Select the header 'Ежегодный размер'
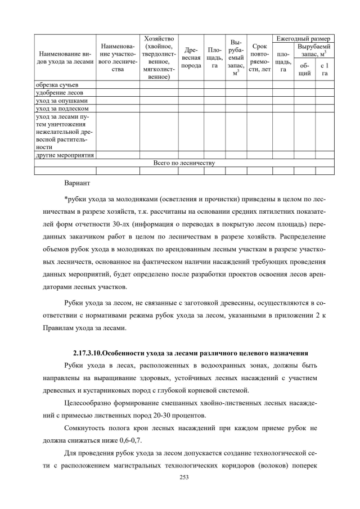303,38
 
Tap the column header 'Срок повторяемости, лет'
259,57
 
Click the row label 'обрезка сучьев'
53,85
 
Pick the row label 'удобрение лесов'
56,93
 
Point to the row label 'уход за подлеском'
60,109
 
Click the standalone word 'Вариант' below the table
77,183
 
